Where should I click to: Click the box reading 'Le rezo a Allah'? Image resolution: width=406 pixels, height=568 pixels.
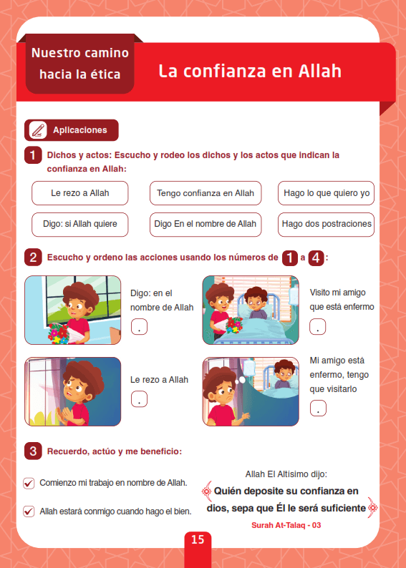click(79, 193)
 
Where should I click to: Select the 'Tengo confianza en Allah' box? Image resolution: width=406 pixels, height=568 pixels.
click(206, 193)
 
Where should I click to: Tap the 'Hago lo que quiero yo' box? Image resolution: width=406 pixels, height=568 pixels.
click(327, 193)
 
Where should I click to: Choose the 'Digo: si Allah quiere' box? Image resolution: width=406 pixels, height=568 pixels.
click(79, 224)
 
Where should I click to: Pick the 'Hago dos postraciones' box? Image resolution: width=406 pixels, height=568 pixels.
click(327, 224)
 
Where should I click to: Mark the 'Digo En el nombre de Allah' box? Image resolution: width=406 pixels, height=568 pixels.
click(206, 224)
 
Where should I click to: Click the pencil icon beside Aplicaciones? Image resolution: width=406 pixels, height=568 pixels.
click(38, 130)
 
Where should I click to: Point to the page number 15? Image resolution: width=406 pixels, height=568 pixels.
click(198, 539)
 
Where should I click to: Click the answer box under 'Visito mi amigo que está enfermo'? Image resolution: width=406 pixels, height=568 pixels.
click(317, 326)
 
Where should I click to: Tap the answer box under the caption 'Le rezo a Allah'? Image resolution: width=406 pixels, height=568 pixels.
click(139, 399)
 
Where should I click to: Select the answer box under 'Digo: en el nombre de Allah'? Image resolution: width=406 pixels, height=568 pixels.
click(139, 326)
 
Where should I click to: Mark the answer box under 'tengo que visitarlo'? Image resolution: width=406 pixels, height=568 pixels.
click(318, 408)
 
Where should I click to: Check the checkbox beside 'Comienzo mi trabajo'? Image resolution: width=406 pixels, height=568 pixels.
click(29, 484)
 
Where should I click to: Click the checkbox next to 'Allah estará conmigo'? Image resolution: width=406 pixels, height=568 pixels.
click(29, 511)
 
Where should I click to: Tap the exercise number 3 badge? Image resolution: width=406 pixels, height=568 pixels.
click(33, 451)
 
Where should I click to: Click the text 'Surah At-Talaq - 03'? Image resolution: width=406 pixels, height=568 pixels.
click(286, 525)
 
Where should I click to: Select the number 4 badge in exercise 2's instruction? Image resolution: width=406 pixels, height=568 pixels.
click(316, 258)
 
